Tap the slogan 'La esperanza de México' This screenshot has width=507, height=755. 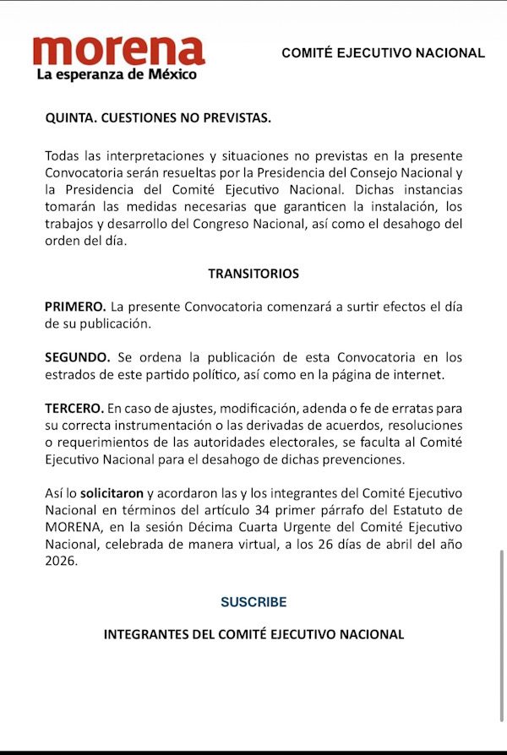click(117, 74)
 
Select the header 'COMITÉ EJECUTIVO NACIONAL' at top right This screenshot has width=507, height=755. click(383, 52)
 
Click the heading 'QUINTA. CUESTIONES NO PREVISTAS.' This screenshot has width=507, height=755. click(158, 117)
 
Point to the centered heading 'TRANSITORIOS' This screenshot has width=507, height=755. click(253, 274)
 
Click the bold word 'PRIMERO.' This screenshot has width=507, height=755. click(76, 307)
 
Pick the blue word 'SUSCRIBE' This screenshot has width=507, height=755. click(253, 602)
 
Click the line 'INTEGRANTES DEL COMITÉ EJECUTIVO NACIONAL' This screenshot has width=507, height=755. click(253, 633)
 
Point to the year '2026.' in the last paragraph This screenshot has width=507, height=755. click(61, 560)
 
